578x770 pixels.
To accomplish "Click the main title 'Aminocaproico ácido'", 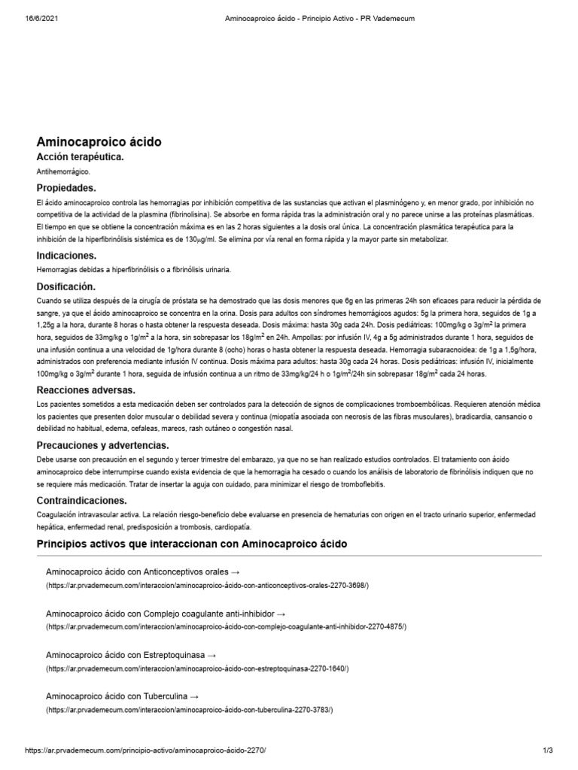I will coord(99,141).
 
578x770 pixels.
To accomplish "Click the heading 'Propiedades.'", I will coord(66,188).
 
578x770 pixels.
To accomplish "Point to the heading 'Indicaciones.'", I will coord(66,256).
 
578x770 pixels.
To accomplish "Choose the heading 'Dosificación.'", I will coord(66,286).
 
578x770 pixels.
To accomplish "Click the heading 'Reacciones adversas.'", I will coord(86,390).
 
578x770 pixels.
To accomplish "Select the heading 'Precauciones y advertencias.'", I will coord(103,445).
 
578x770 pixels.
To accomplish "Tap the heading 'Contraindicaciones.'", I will coord(82,500).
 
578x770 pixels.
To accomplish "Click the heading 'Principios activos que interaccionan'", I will coord(192,544).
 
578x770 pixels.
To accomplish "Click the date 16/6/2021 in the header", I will coord(31,18).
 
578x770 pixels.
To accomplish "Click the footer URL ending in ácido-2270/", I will coord(145,751).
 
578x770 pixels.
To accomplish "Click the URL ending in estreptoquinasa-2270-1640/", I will coord(197,668).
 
